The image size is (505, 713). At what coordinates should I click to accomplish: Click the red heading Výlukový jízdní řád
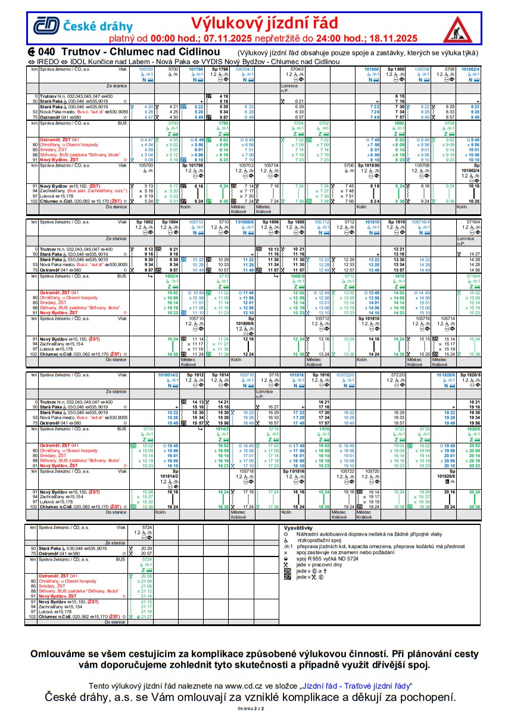[x=264, y=23]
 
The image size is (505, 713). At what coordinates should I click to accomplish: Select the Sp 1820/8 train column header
[x=470, y=375]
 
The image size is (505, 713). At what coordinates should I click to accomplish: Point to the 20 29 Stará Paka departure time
[x=147, y=548]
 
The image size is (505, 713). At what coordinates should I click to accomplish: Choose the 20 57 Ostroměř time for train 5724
[x=147, y=553]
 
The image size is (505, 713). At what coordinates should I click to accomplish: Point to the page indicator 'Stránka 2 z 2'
[x=252, y=709]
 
